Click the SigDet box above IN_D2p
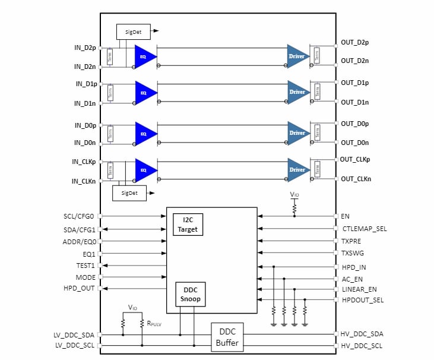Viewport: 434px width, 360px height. tap(134, 31)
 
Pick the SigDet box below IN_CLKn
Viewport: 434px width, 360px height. tap(129, 193)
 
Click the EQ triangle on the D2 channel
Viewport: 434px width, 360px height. tap(144, 56)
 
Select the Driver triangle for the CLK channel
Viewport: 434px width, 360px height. tap(297, 169)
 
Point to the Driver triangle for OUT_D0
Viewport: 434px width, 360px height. tap(297, 133)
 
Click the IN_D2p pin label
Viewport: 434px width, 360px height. tap(85, 47)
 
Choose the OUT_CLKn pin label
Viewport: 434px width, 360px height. tap(355, 179)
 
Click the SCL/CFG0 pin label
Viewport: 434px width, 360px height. tap(79, 216)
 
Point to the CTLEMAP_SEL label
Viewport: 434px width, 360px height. tap(365, 229)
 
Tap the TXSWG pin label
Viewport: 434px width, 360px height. tap(352, 253)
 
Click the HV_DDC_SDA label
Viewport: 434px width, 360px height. tap(362, 334)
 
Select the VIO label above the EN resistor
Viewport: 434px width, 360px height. tap(294, 194)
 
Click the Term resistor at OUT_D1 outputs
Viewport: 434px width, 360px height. tap(317, 92)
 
